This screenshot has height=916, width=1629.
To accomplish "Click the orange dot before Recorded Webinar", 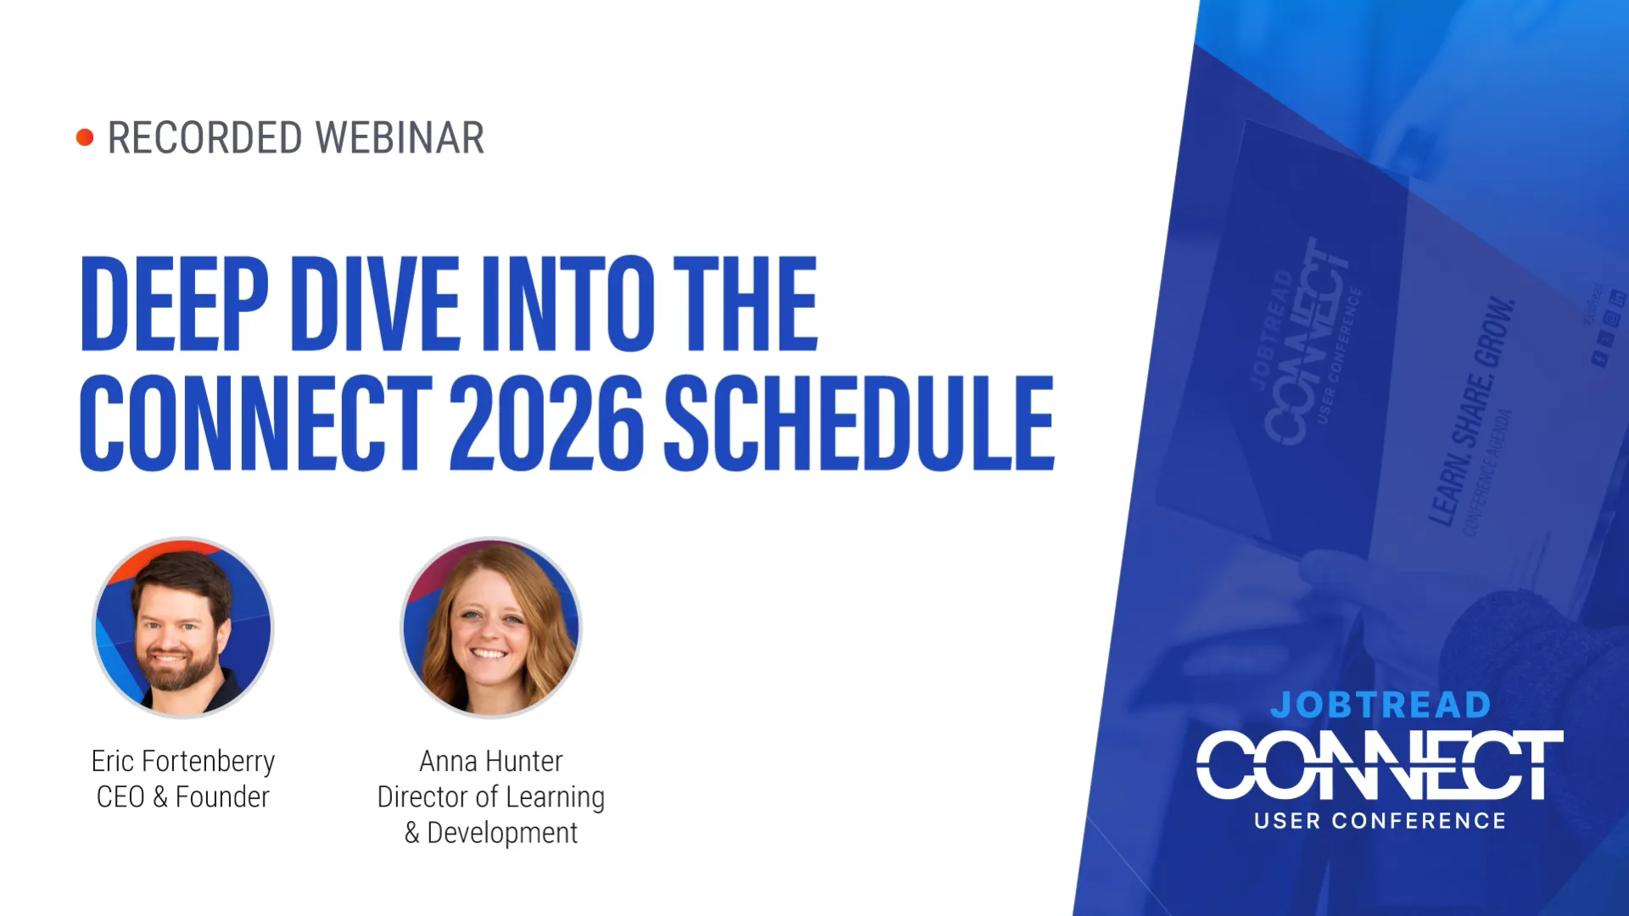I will pos(85,137).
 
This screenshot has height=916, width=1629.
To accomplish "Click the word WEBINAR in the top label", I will pos(400,138).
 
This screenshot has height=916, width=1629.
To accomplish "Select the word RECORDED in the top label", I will pos(204,138).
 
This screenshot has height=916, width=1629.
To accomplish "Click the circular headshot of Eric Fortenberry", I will pos(183,628).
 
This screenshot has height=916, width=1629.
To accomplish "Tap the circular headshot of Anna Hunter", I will pos(491,628).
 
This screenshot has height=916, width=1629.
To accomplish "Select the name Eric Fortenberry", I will pos(183,761).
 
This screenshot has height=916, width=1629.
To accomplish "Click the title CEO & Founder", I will pos(183,797).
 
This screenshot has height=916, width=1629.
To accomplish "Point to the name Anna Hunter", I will pos(491,761).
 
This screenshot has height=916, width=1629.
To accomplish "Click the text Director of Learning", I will pos(491,797).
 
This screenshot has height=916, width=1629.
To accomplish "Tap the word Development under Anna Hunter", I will pos(502,833).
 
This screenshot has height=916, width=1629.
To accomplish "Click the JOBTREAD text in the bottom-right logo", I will pos(1380,705).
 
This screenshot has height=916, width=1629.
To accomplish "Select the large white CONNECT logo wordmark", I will pos(1380,766).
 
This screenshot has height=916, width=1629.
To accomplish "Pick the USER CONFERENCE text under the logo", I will pos(1380,821).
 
